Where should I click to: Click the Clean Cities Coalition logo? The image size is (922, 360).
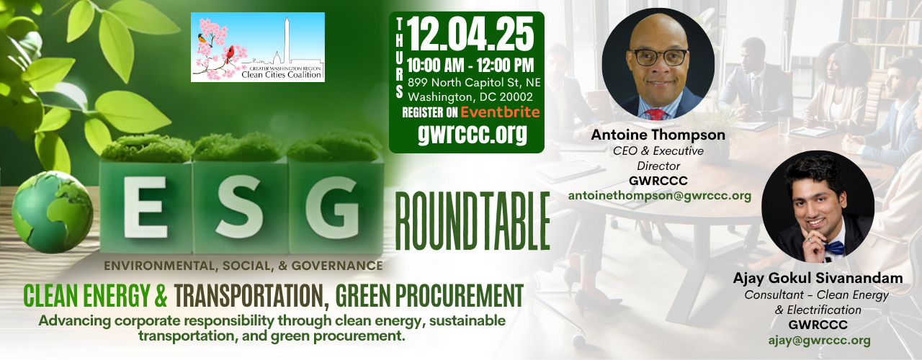click(257, 47)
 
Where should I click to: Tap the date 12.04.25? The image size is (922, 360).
click(471, 34)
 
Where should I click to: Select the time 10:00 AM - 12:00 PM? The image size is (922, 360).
click(471, 67)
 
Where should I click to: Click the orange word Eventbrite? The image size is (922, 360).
click(500, 112)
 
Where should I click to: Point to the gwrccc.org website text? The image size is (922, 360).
click(472, 134)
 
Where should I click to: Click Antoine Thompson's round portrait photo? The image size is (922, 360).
click(658, 64)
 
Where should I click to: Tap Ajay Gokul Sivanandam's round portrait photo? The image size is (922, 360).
click(818, 206)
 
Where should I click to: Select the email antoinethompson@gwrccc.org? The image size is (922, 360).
click(659, 195)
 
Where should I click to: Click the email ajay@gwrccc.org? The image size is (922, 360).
click(819, 340)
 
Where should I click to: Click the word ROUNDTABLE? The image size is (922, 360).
click(473, 221)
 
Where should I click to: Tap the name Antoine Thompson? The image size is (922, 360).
click(658, 135)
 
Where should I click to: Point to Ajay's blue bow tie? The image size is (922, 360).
click(834, 248)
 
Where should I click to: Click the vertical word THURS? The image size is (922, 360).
click(400, 58)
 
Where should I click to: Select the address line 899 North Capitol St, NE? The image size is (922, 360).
click(473, 83)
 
